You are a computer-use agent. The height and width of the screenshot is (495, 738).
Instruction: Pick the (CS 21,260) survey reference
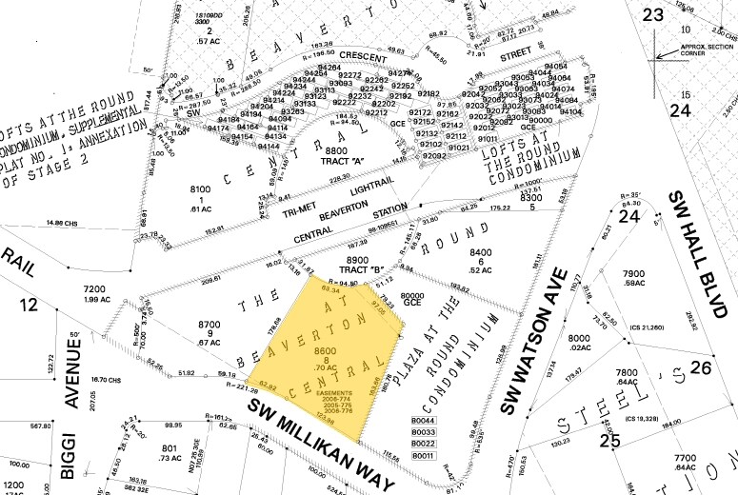pos(647,328)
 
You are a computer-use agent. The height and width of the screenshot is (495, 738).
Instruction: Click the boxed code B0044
pos(423,420)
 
